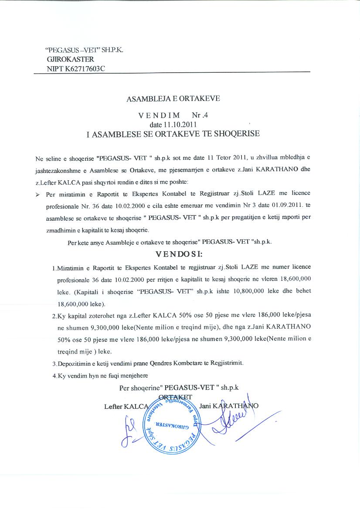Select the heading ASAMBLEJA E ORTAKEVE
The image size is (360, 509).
[x=173, y=98]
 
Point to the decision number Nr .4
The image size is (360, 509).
[x=201, y=116]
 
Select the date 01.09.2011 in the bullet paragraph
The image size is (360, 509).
[x=274, y=205]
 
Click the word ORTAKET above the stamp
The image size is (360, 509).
[x=176, y=397]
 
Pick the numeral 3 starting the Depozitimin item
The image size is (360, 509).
[x=53, y=363]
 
